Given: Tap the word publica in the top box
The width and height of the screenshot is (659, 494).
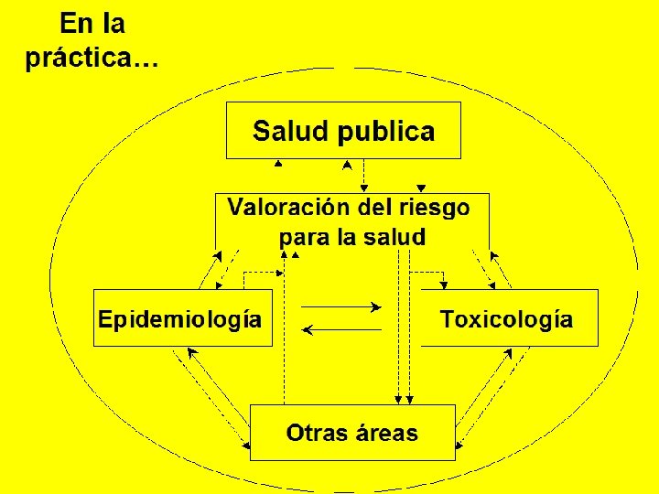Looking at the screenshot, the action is [385, 133].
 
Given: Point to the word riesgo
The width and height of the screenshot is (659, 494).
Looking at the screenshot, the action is [435, 208].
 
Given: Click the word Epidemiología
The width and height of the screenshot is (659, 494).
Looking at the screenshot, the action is [180, 320].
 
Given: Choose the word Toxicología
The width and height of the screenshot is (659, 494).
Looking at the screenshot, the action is [506, 320].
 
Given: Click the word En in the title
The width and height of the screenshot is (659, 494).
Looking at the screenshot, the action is [76, 22].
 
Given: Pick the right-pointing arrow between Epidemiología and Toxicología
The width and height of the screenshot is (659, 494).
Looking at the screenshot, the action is [340, 306].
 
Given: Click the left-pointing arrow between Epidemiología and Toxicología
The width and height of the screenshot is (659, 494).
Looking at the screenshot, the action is [340, 328].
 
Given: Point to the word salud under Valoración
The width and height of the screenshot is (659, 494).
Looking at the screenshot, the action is [394, 238].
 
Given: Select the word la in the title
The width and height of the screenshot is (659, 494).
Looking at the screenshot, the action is [113, 22].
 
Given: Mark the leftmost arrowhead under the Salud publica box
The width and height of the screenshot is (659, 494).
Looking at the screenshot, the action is [278, 164].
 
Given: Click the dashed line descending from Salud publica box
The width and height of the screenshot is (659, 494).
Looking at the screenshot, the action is [364, 172].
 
